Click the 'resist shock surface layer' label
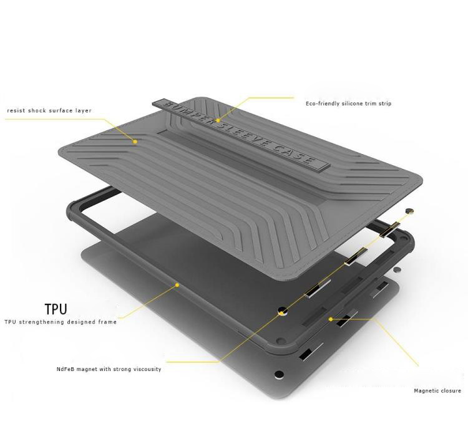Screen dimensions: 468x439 click(x=49, y=110)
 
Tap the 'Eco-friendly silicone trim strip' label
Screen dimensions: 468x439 click(x=348, y=104)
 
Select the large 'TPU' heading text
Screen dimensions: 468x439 click(x=56, y=309)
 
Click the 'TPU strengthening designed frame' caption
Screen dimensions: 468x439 click(x=61, y=322)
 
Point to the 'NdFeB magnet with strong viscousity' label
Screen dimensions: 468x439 click(x=109, y=369)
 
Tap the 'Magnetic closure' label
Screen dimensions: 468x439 click(x=437, y=391)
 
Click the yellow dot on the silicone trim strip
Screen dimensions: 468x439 click(x=218, y=120)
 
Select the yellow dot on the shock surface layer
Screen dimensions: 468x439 click(x=135, y=142)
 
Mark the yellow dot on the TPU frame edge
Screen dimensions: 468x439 click(x=177, y=285)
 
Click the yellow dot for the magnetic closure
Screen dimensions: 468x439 click(x=331, y=319)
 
